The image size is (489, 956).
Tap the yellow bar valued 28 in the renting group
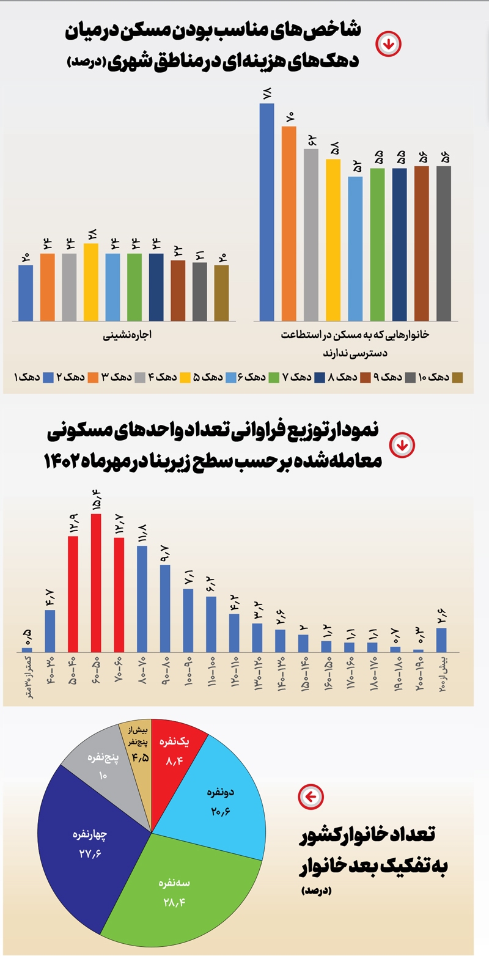coord(91,282)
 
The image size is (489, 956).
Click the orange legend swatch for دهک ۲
coord(96,377)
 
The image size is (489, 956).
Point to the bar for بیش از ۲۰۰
coord(441,639)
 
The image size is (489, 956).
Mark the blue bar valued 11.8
coord(142,598)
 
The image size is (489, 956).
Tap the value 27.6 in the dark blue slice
coord(90,853)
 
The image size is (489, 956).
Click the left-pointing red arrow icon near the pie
coord(311,796)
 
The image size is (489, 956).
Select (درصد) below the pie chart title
coord(315,891)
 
